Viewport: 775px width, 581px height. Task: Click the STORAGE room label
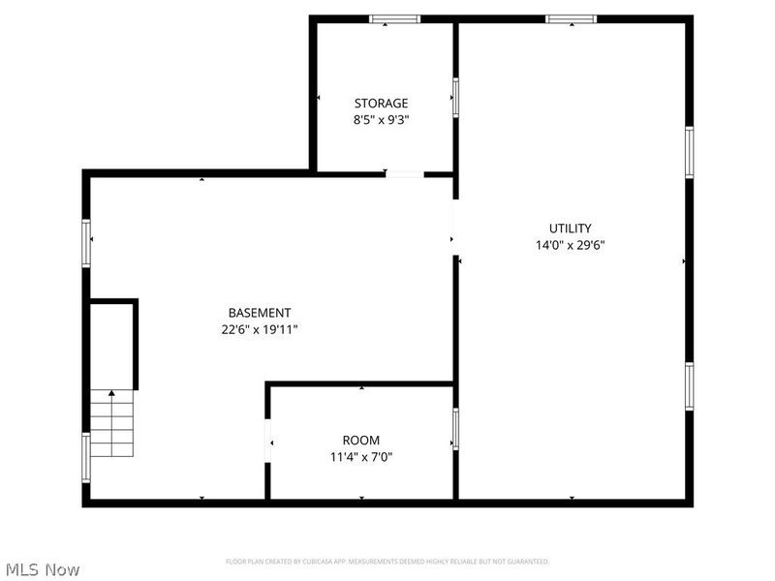point(381,104)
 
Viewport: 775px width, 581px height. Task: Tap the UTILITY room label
point(570,229)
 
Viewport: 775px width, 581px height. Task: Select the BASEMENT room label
point(259,313)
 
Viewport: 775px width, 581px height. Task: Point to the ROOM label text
point(360,441)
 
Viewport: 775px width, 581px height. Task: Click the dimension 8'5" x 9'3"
point(381,121)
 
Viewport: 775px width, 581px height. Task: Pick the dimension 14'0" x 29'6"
point(570,245)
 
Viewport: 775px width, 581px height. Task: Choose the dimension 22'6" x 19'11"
point(259,329)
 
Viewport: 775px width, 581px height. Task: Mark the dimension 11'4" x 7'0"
point(360,457)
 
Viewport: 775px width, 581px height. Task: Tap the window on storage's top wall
point(395,18)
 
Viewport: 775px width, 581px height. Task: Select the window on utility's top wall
point(571,18)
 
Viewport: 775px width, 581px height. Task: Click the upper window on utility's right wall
point(689,152)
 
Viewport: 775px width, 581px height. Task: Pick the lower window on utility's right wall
point(689,385)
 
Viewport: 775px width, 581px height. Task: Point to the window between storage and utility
point(455,97)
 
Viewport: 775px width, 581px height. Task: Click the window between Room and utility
point(455,429)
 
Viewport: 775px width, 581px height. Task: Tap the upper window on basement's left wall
point(86,243)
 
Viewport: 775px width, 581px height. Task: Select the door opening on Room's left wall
point(267,442)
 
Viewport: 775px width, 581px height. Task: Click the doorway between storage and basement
point(404,174)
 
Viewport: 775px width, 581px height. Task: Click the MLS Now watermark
point(42,569)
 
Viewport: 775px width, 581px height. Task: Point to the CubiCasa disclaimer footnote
point(387,562)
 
